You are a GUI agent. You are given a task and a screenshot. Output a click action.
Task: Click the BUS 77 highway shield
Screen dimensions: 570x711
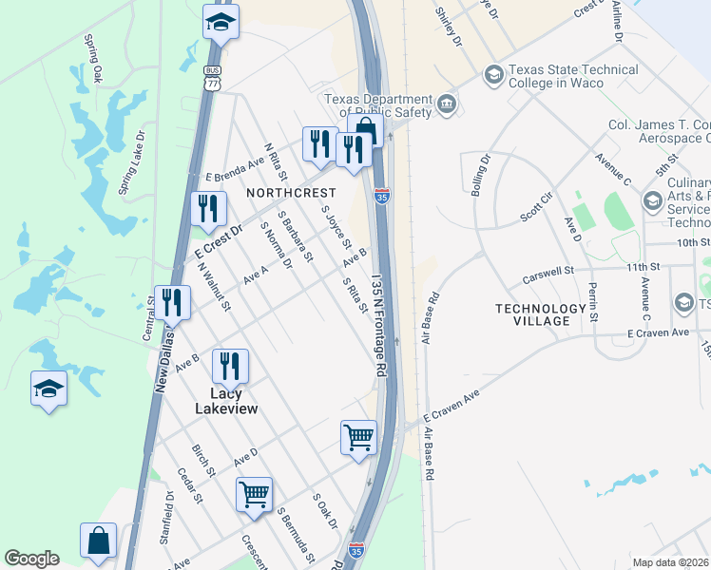click(213, 78)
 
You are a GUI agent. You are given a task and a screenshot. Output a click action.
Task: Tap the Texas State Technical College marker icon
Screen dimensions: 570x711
click(493, 74)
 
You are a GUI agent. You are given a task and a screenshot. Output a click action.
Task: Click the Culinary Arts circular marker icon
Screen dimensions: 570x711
click(653, 201)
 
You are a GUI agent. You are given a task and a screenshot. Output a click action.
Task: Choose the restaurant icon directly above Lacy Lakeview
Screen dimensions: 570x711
click(230, 365)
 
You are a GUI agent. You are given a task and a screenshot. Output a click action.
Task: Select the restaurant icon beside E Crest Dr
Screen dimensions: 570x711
click(205, 208)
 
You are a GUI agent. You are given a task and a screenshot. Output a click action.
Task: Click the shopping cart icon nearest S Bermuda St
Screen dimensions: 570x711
click(254, 493)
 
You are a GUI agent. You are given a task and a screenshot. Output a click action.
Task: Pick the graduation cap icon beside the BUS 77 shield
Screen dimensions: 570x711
click(221, 22)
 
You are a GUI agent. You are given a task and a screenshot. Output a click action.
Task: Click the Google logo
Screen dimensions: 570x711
click(31, 559)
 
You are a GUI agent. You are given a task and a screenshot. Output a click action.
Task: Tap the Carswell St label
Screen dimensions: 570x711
click(549, 275)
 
